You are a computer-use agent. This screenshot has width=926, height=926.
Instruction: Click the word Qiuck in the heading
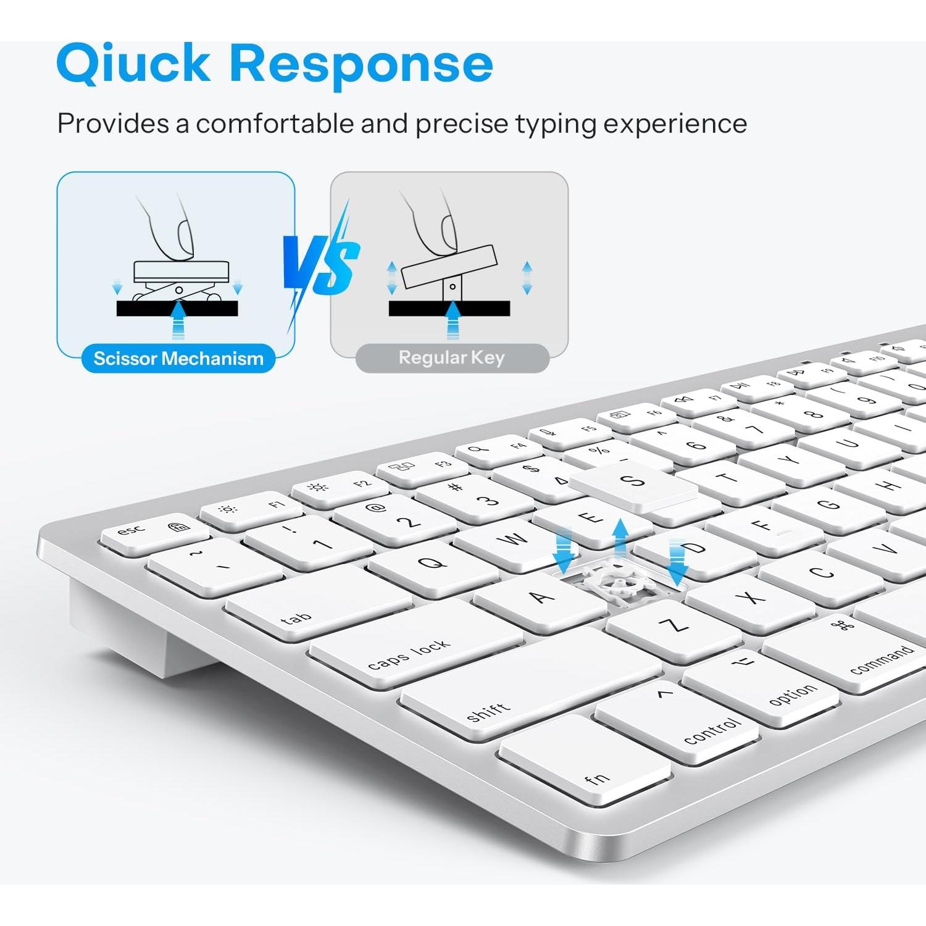click(133, 64)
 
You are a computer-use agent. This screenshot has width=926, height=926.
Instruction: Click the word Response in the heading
click(361, 64)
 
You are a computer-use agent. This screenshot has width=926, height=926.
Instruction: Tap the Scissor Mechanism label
click(178, 358)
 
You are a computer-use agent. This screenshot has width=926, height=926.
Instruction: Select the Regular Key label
click(452, 357)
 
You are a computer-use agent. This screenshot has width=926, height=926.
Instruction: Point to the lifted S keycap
click(633, 488)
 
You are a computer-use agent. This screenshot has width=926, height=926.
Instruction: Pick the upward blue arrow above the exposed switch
click(620, 537)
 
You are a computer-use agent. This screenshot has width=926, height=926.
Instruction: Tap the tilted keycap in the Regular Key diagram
click(449, 266)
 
